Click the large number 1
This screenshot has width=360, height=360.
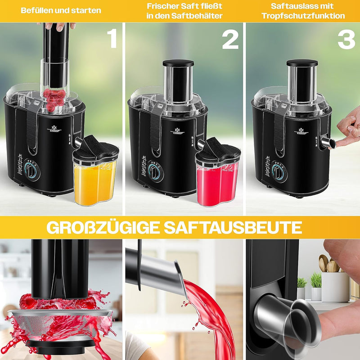[x=112, y=39]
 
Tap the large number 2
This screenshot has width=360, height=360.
[x=230, y=40]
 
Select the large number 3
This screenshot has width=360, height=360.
[x=346, y=40]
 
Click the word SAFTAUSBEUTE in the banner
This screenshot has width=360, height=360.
[x=233, y=228]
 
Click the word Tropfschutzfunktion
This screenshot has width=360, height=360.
[x=303, y=16]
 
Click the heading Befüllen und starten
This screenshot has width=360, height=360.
[x=61, y=10]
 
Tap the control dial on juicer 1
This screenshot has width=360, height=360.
[x=31, y=170]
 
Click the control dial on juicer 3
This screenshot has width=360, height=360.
[x=279, y=171]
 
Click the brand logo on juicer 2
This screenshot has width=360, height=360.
[x=177, y=130]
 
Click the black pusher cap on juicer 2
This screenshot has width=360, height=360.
[x=178, y=63]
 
